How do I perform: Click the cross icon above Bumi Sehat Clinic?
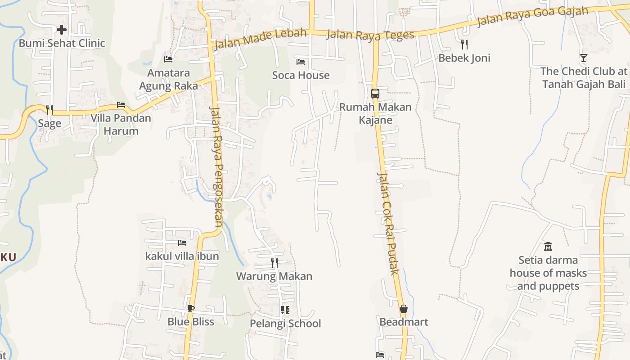pos(62,30)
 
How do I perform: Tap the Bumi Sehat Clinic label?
pos(62,43)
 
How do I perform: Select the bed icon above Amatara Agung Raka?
pos(168,59)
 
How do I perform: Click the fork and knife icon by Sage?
pos(49,109)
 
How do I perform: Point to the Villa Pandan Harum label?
pos(121,125)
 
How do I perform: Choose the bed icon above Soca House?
pos(301,62)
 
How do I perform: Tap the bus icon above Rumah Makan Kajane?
pos(375,94)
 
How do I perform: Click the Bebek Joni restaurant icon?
pos(464,44)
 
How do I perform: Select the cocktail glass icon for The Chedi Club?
pos(584,58)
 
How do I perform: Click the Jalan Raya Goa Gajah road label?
pos(532,17)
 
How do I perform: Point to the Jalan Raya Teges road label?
pos(370,35)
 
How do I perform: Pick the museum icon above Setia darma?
pos(548,246)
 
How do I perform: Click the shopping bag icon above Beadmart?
pos(403,309)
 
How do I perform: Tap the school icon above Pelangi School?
pos(285,310)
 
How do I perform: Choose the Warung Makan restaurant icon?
pos(274,262)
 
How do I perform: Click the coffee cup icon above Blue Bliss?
pos(191,308)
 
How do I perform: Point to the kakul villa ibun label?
pos(182,256)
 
